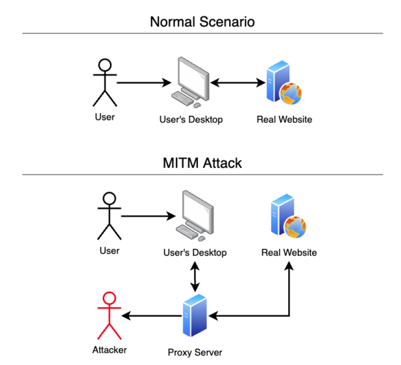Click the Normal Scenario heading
[x=202, y=22]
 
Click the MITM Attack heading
[x=202, y=163]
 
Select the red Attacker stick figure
[x=109, y=316]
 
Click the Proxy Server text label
[x=195, y=352]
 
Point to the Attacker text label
[x=109, y=350]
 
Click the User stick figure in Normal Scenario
[x=105, y=82]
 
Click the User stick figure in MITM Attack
[x=109, y=216]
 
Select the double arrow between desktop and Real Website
[x=238, y=83]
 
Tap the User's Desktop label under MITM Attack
[x=195, y=253]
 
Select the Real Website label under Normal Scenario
[x=284, y=119]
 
